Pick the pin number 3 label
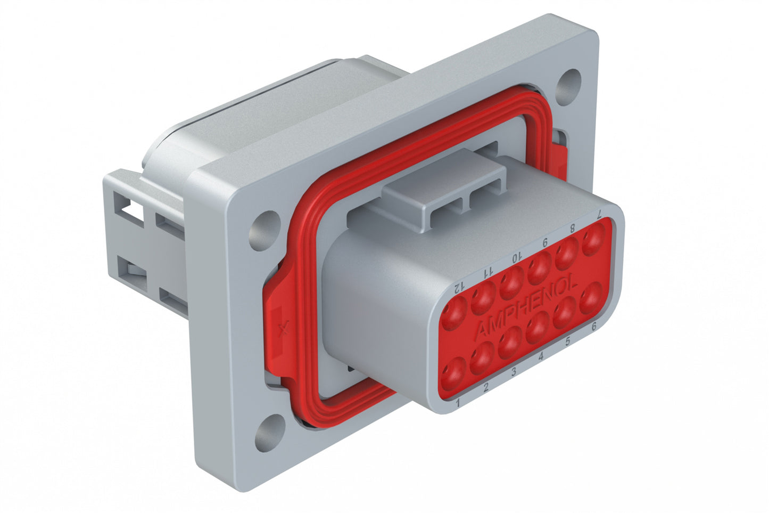[x=514, y=371]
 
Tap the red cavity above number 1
[x=454, y=371]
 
